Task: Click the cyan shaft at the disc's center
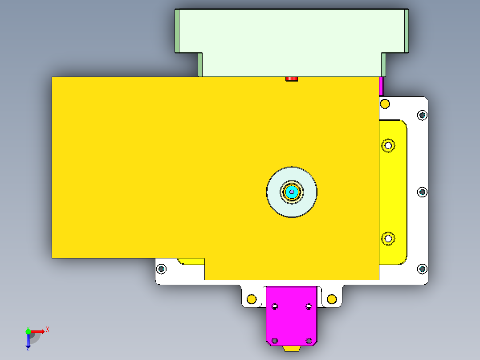[292, 192]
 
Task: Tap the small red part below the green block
[291, 79]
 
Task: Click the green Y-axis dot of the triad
[28, 331]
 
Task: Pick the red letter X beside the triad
[48, 329]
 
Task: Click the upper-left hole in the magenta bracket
[275, 307]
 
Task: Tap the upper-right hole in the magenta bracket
[309, 307]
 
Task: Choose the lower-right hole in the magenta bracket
[309, 340]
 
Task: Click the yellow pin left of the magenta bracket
[252, 299]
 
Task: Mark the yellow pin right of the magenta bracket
[331, 299]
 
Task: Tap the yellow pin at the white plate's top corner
[385, 104]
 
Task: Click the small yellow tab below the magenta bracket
[292, 348]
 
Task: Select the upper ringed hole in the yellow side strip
[388, 145]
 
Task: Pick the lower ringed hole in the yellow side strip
[388, 238]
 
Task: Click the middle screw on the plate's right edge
[422, 192]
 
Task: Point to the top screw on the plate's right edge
[422, 115]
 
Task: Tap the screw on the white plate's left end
[161, 269]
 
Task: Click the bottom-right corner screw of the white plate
[422, 269]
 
